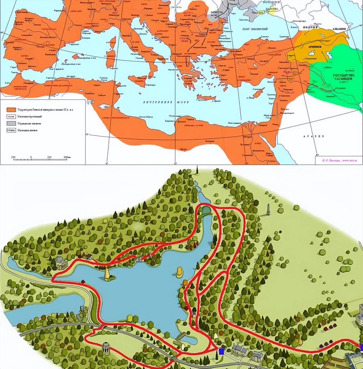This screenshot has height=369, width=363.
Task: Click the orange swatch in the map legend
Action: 11,110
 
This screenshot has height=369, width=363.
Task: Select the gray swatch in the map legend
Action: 11,123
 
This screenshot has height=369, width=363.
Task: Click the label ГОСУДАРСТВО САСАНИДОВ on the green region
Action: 344,77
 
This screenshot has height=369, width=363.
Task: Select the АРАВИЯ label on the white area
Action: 313,136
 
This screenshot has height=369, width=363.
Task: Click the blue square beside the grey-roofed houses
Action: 221,351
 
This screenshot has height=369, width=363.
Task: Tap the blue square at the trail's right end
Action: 361,348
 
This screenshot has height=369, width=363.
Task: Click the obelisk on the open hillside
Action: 268,210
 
